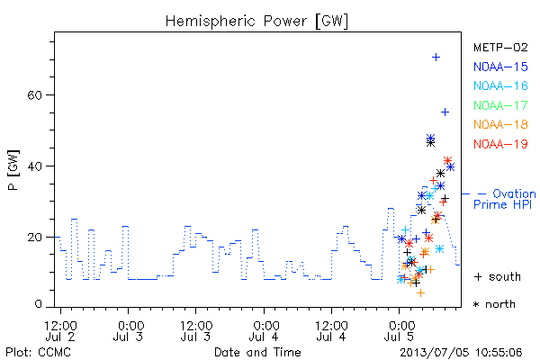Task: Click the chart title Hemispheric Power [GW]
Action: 256,22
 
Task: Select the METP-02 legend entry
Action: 500,47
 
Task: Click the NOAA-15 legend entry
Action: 500,67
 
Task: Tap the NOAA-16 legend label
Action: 500,85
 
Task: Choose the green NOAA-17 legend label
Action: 500,105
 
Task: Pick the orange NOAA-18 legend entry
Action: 500,124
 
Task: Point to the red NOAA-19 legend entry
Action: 500,144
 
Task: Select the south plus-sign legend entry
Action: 498,276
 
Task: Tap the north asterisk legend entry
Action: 494,304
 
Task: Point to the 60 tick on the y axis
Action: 34,95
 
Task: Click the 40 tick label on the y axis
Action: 34,166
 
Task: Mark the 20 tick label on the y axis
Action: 34,237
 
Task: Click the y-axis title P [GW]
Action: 13,170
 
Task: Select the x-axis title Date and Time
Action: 257,352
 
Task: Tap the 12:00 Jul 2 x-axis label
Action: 60,331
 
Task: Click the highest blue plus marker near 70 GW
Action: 436,58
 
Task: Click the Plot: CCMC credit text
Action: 38,353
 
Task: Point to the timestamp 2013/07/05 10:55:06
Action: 461,353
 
